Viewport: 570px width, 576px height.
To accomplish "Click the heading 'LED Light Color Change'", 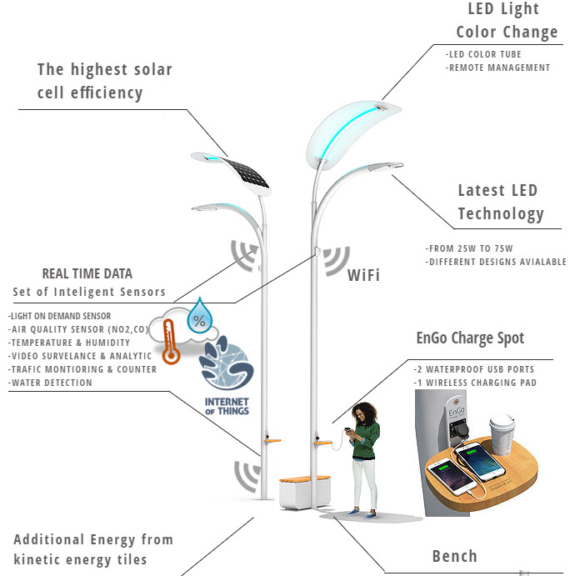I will (506, 21).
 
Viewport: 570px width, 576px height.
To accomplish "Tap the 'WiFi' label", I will (363, 273).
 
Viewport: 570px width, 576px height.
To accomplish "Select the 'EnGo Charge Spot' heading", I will (470, 338).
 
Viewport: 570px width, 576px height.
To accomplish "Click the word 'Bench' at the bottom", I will (454, 556).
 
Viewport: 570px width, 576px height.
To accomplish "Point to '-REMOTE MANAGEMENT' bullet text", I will (498, 68).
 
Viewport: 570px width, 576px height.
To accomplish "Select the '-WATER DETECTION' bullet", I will (50, 383).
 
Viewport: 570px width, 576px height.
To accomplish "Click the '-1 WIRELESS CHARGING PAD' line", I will (474, 383).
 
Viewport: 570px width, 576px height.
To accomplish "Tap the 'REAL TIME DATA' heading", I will (87, 273).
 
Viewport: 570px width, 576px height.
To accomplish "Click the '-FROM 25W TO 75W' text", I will (467, 249).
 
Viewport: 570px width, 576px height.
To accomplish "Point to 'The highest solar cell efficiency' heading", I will (104, 81).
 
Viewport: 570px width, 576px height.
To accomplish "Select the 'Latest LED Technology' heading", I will (500, 203).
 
